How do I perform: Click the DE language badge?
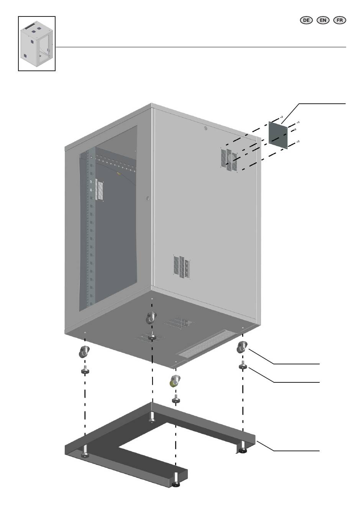click(306, 20)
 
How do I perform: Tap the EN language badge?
click(323, 20)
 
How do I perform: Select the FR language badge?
click(340, 20)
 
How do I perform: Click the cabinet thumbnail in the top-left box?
click(37, 43)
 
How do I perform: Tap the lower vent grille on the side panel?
click(182, 266)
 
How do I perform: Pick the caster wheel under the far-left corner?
click(84, 351)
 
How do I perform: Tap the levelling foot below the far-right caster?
click(243, 366)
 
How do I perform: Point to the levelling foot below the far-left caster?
click(85, 370)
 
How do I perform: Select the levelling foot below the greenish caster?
click(176, 400)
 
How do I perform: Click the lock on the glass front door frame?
click(148, 199)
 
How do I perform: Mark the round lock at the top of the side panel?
click(206, 129)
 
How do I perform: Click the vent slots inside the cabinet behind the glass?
click(100, 191)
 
